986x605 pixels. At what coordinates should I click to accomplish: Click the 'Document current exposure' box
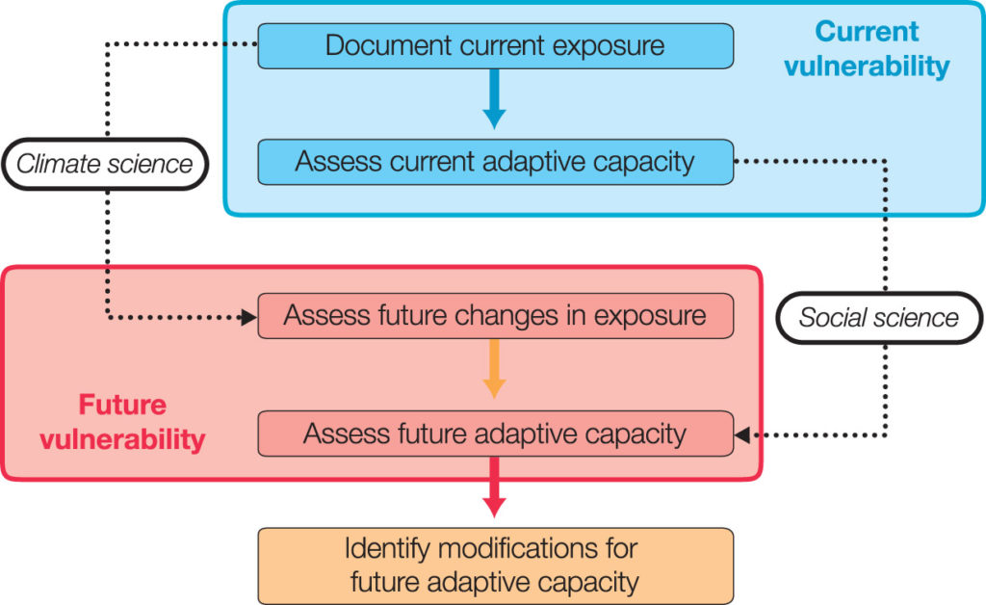pos(496,46)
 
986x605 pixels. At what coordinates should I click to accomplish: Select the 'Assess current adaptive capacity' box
pos(496,162)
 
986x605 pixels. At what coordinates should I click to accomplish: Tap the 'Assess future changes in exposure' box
pos(496,316)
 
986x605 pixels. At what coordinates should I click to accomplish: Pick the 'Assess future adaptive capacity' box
pos(496,434)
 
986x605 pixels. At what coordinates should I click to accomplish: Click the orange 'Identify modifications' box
pos(496,566)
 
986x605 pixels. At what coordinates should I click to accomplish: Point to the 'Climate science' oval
pos(105,164)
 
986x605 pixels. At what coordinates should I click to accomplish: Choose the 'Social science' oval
pos(879,318)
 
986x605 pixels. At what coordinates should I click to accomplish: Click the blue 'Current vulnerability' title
pos(868,48)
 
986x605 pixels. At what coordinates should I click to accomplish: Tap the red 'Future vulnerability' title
pos(122,422)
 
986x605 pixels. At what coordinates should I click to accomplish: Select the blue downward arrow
pos(494,98)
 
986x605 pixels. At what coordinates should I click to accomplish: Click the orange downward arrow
pos(494,369)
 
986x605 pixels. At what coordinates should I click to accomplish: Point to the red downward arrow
pos(494,487)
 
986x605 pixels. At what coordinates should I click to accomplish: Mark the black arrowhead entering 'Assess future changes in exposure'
pos(249,317)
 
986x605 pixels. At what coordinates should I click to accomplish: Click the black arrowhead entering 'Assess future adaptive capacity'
pos(742,434)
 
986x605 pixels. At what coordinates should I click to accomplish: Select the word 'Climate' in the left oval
pos(58,164)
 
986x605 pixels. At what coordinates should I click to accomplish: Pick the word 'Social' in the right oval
pos(833,318)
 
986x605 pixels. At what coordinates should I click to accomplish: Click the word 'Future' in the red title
pos(122,405)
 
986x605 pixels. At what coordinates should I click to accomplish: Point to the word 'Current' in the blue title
pos(868,32)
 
